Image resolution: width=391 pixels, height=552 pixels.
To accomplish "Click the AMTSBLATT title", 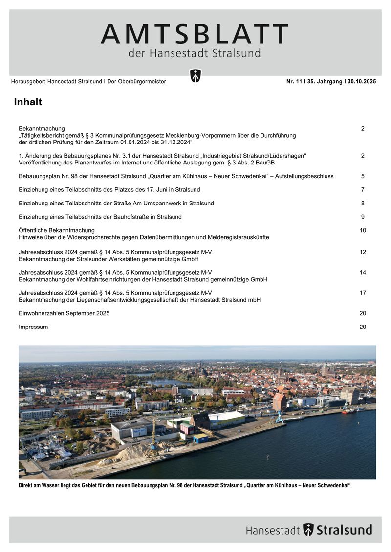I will (195, 35).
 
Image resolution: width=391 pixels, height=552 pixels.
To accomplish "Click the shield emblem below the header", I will (195, 76).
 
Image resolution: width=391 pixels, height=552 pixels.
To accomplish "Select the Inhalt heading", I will (28, 102).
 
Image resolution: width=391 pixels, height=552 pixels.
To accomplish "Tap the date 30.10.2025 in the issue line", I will (360, 82).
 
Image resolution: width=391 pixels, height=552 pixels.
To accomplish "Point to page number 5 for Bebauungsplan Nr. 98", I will (363, 176).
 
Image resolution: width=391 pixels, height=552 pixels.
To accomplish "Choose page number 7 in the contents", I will (363, 189).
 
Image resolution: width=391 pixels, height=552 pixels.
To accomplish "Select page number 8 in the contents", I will (363, 203).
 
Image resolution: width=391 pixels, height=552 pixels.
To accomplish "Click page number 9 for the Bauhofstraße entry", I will (363, 217).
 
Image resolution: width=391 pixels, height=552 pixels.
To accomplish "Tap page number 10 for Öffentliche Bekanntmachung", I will (363, 230).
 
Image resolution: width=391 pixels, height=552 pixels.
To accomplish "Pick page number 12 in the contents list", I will (363, 252).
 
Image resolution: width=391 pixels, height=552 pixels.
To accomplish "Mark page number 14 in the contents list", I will (363, 273).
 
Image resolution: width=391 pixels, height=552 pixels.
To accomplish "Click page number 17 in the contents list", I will (363, 293).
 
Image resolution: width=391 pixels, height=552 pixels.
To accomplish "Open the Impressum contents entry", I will (33, 327).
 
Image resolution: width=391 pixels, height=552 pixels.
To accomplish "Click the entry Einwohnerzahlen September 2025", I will (64, 313).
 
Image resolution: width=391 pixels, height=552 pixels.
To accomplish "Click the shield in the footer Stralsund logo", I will (308, 530).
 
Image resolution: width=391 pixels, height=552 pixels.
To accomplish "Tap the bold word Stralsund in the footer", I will (344, 530).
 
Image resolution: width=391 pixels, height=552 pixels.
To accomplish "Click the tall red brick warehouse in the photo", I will (280, 402).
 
